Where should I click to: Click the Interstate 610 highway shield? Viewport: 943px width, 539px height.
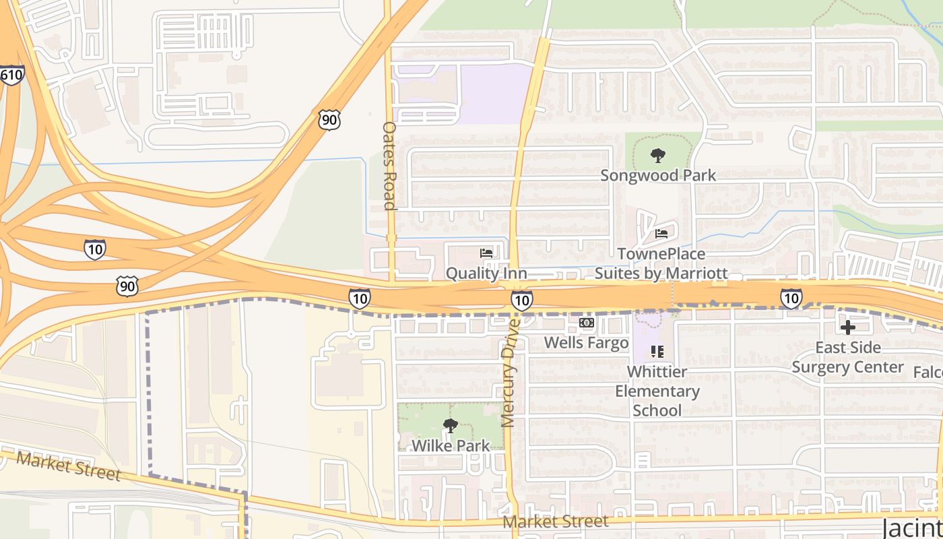tap(11, 74)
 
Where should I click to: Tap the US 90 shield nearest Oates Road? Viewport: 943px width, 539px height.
tap(329, 120)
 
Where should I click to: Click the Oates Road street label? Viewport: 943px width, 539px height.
tap(389, 166)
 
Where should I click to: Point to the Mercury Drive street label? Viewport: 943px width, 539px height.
tap(509, 373)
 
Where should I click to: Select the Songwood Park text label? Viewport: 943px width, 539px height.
tap(657, 175)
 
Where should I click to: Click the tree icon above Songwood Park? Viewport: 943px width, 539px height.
tap(657, 156)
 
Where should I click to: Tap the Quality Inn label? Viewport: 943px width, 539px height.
tap(486, 273)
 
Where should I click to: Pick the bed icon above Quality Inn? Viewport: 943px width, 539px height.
tap(486, 253)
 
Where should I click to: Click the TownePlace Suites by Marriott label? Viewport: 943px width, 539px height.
tap(661, 263)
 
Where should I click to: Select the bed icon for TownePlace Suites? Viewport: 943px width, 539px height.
tap(661, 234)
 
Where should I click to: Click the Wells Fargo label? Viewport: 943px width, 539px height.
tap(586, 342)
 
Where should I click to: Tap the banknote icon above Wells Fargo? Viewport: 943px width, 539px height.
tap(587, 323)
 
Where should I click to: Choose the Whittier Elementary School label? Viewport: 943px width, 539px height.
tap(657, 391)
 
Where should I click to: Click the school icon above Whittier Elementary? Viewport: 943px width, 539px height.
tap(657, 352)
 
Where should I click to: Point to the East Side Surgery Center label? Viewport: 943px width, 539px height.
tap(847, 357)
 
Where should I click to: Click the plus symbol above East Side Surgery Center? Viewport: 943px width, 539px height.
tap(847, 327)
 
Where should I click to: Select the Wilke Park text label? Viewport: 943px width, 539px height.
tap(451, 445)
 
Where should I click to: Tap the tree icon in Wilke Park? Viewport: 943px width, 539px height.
tap(451, 426)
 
